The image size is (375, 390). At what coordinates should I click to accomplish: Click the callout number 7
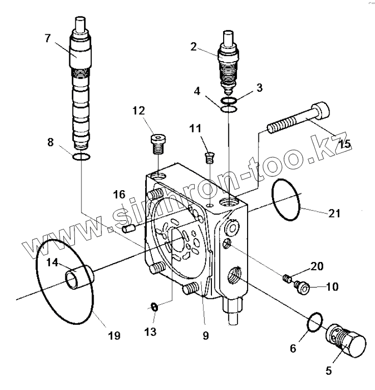pos(47,39)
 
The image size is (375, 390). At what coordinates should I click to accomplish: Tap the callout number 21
pos(334,213)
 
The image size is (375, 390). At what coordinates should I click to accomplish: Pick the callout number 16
pos(119,195)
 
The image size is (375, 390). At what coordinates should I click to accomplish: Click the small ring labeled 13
pos(153,307)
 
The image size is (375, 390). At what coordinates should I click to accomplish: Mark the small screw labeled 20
pos(288,278)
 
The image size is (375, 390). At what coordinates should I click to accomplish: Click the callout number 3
pos(260,88)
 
